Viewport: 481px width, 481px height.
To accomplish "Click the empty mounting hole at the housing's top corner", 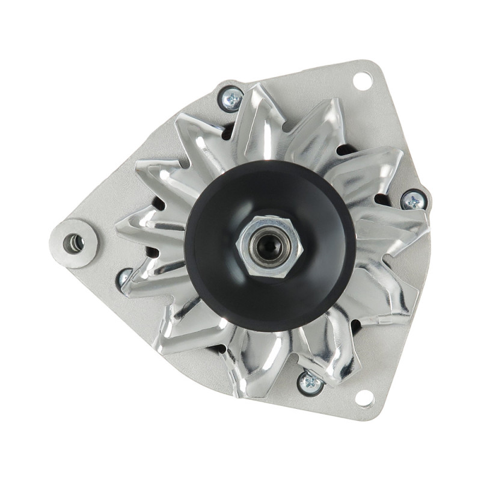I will point(363,80).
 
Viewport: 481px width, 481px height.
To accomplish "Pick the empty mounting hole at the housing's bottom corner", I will point(365,397).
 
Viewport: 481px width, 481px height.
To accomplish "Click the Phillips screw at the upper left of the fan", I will point(231,99).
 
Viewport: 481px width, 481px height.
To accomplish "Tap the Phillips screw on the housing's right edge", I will point(413,200).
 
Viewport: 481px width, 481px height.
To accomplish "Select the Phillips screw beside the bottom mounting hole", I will point(310,382).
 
